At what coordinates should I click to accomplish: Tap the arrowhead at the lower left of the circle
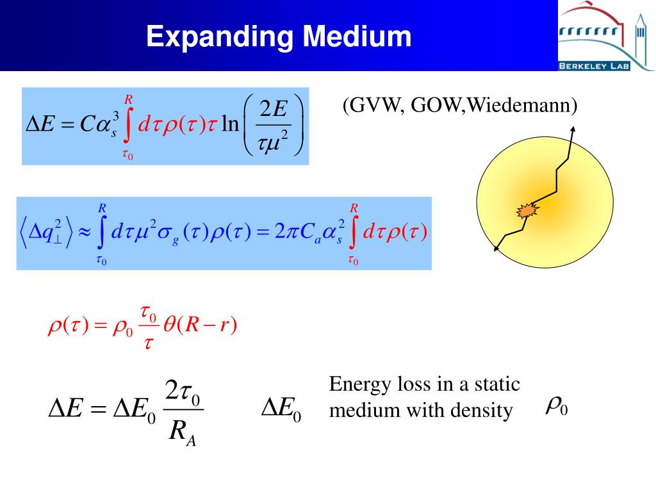click(497, 249)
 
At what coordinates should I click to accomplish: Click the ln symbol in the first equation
click(229, 123)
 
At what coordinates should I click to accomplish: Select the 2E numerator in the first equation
click(273, 110)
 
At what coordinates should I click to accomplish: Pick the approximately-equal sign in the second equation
click(85, 232)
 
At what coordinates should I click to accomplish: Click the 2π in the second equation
click(284, 232)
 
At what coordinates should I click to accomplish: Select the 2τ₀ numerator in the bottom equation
click(183, 391)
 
